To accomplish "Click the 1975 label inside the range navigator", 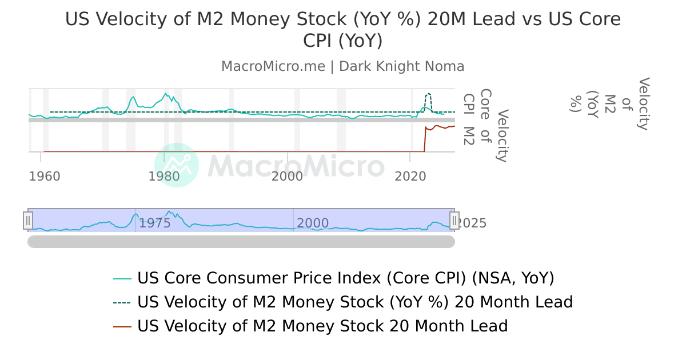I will coord(155,223).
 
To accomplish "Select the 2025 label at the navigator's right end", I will coord(473,223).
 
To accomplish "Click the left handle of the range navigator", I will coord(28,220).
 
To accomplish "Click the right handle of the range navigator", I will coord(454,220).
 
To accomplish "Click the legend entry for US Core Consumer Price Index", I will coord(345,278).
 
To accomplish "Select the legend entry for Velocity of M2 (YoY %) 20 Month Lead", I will coord(354,302).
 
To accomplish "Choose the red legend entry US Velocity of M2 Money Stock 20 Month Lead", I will coord(322,326).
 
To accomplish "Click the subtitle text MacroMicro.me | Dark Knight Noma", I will coord(342,66).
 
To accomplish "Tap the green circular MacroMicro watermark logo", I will coord(177,165).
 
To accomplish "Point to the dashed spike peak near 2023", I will coord(429,93).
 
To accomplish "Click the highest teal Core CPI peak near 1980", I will coord(166,93).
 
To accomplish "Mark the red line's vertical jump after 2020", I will coord(424,140).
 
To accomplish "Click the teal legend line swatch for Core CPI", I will coord(123,279).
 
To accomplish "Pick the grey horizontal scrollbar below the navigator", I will coord(241,242).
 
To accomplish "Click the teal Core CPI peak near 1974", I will coord(133,97).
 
